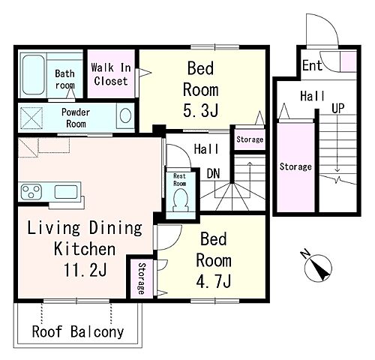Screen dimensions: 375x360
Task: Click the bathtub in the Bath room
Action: [x=34, y=74]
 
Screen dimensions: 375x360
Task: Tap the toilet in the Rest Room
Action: [x=181, y=200]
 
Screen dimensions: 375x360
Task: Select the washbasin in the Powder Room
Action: [x=125, y=115]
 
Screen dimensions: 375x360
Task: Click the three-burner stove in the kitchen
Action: [x=31, y=192]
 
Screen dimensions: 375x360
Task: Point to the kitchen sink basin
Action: [x=66, y=192]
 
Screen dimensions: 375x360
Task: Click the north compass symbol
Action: [x=317, y=266]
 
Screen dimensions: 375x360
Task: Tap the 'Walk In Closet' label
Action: [x=111, y=74]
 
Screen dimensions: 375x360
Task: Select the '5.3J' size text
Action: [x=201, y=110]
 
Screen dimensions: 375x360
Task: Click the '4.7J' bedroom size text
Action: [x=213, y=281]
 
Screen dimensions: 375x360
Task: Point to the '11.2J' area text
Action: [x=85, y=269]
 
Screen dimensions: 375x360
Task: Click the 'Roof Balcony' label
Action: [x=78, y=331]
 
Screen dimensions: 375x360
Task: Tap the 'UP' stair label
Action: [x=338, y=108]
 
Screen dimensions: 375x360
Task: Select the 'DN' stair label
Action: [x=213, y=173]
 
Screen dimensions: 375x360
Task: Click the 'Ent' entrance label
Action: [x=312, y=65]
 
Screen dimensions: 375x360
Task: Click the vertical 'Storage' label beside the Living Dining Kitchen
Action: [x=142, y=278]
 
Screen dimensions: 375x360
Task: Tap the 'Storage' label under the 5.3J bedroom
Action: [x=250, y=139]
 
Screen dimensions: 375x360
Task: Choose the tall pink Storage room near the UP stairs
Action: [x=296, y=167]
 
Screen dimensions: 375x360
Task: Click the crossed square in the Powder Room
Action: [x=31, y=118]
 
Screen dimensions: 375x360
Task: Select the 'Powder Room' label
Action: [x=76, y=118]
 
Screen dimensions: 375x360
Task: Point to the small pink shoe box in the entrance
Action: [x=349, y=61]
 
